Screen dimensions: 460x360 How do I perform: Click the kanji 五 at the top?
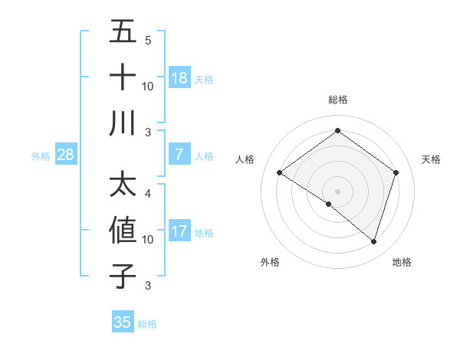click(123, 31)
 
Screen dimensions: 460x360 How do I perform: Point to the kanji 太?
click(123, 185)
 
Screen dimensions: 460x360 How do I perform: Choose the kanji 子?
click(123, 276)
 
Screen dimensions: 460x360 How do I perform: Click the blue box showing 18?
click(179, 77)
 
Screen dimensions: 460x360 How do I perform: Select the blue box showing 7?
click(179, 155)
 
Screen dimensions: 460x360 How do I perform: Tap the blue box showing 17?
click(179, 231)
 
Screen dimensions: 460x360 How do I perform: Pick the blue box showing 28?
click(66, 155)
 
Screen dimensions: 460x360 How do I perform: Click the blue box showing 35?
click(123, 322)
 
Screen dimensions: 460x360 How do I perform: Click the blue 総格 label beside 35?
click(147, 324)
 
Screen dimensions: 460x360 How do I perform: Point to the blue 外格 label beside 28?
click(41, 156)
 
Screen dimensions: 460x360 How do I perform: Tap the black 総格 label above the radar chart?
click(338, 100)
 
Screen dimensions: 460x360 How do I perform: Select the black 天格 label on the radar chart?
click(432, 159)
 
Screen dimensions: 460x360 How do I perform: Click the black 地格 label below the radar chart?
click(402, 262)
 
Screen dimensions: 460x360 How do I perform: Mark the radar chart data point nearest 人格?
click(280, 173)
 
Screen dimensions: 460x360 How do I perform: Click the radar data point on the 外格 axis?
click(329, 204)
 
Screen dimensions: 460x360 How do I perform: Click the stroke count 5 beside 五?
click(148, 40)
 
